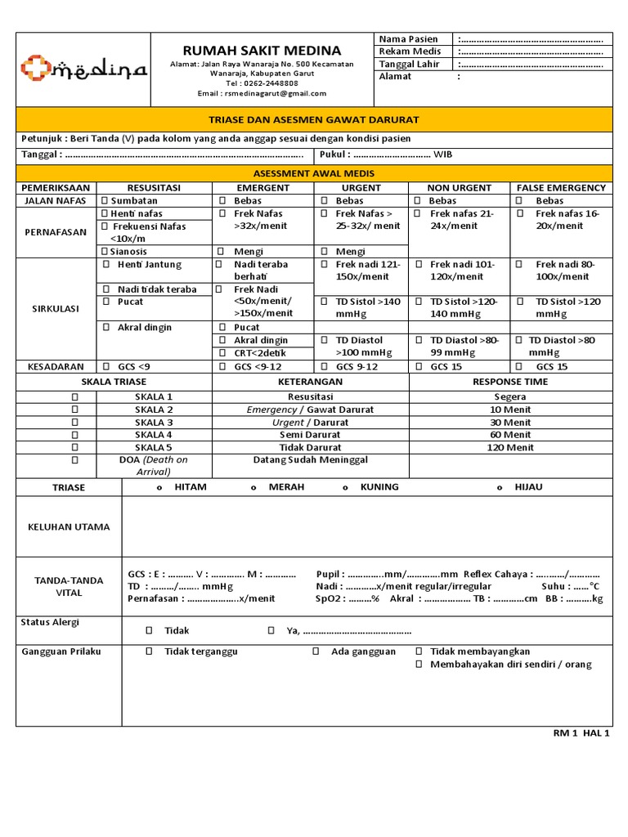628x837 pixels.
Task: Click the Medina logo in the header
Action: [83, 69]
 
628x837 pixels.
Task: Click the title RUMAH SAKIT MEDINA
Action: [262, 50]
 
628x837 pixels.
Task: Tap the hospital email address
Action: [262, 93]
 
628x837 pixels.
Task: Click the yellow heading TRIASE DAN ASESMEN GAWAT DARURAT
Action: [313, 119]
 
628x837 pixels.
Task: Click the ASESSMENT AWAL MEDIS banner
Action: [313, 173]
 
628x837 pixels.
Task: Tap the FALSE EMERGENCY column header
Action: [560, 187]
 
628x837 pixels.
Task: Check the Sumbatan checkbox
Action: [104, 200]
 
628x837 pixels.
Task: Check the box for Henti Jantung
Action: [107, 265]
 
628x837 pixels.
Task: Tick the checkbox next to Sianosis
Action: [104, 252]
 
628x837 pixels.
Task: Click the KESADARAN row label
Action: [56, 367]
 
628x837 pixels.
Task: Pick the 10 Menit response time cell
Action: [510, 410]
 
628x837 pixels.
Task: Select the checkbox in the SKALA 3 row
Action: [74, 423]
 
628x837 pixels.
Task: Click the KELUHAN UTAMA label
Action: [69, 527]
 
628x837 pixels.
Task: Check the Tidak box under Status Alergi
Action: [149, 631]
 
